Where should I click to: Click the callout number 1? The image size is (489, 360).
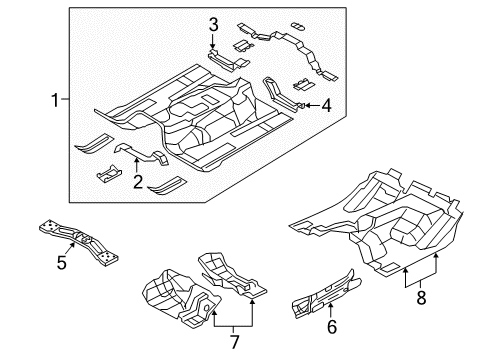[x=53, y=99]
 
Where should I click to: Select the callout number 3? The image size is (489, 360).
[x=213, y=25]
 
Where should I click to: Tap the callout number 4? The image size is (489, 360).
[x=324, y=104]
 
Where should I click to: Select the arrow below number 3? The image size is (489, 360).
[x=213, y=43]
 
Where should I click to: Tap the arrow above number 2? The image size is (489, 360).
[x=137, y=164]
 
